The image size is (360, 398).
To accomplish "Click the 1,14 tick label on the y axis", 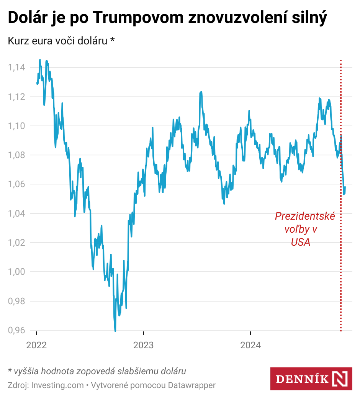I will coord(16,68).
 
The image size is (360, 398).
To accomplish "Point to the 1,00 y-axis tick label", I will coord(16,272).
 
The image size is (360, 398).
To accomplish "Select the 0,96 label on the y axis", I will coord(16,330).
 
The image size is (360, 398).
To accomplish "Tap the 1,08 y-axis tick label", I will coord(16,155).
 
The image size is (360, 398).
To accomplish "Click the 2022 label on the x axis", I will coord(36,345).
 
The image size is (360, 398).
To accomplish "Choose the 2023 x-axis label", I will coord(143,345).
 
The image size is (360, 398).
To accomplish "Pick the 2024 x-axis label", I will coord(250,345).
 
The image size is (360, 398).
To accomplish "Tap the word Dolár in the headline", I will coord(26,18).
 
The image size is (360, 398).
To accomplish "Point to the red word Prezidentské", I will coord(305,216).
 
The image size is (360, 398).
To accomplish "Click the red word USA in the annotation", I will coord(300,242).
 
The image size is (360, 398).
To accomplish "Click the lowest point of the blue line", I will coord(115,331).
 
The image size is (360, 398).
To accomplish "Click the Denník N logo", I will coord(311,379).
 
